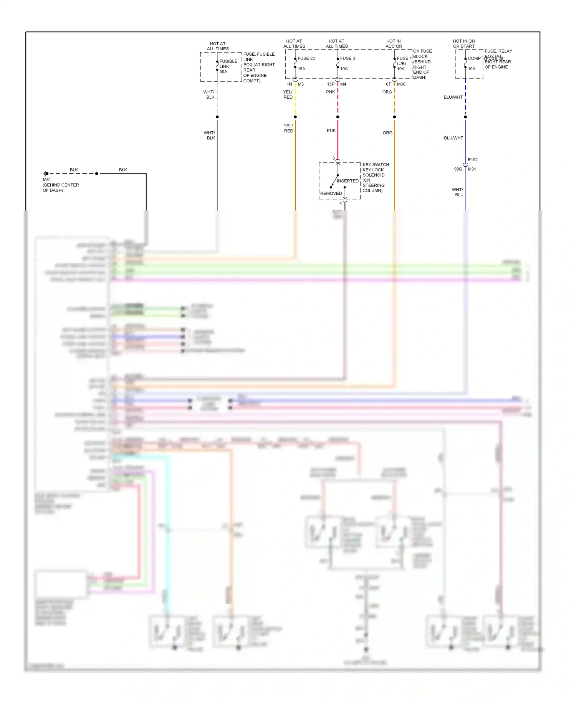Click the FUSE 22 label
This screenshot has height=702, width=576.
point(306,58)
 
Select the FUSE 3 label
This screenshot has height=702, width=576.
point(348,58)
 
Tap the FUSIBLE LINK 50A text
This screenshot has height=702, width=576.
point(228,66)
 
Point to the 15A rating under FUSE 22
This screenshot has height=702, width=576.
point(301,69)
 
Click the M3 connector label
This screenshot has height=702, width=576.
point(301,84)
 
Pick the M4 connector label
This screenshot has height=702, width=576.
point(343,84)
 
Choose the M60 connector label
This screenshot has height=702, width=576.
point(401,84)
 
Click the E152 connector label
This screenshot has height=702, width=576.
point(473,160)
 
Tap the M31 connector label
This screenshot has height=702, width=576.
point(472,169)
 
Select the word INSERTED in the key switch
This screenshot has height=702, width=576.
point(348,181)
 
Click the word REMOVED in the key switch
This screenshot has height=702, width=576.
point(331,194)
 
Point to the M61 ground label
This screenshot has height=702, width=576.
point(47,180)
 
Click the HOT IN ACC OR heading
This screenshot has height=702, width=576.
point(394,44)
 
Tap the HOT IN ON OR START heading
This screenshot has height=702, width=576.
point(463,44)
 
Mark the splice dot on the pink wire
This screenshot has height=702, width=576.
point(338,117)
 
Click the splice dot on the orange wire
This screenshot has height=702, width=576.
point(394,117)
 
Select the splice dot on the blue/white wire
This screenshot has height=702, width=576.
point(465,117)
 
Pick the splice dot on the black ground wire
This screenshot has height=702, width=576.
point(97,174)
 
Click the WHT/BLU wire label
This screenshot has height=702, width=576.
point(457,192)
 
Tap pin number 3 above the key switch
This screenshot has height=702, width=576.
point(333,158)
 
